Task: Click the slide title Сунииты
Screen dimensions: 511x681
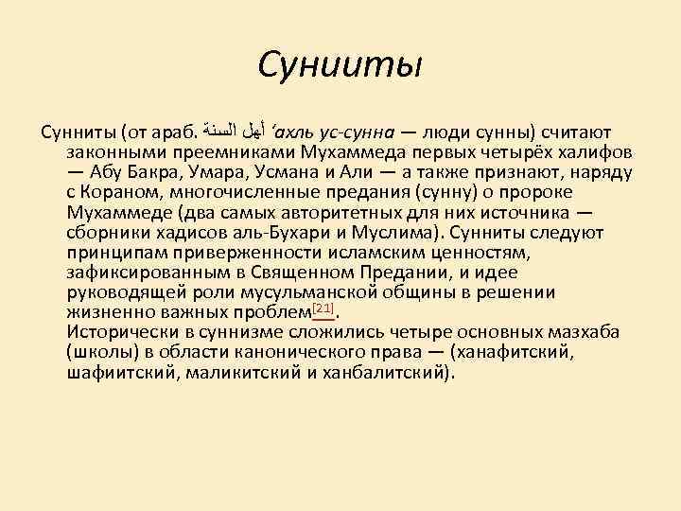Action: click(x=340, y=66)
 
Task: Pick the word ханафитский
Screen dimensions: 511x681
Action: click(x=516, y=352)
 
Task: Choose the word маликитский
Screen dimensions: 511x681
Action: click(x=237, y=372)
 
